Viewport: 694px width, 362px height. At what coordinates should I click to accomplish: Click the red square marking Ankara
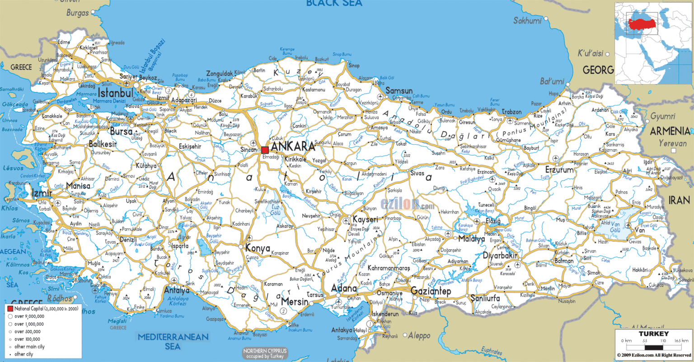click(x=265, y=150)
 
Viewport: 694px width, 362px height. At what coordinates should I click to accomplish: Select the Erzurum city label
click(x=559, y=170)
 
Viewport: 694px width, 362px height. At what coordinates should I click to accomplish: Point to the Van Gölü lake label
click(x=615, y=227)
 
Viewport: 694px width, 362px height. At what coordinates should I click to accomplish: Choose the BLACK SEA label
click(x=334, y=4)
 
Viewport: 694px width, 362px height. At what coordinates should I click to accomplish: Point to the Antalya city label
click(x=177, y=291)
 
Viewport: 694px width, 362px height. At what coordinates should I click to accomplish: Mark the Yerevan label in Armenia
click(x=672, y=143)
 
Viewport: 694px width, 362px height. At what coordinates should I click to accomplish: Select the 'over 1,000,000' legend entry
click(x=29, y=324)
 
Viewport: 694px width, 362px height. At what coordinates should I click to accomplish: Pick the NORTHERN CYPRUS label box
click(x=265, y=353)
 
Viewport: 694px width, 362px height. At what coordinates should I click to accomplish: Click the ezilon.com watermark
click(x=407, y=205)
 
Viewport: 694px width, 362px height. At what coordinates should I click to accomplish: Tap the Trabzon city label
click(x=511, y=112)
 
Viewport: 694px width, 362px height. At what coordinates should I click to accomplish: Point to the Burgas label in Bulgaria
click(x=78, y=13)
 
